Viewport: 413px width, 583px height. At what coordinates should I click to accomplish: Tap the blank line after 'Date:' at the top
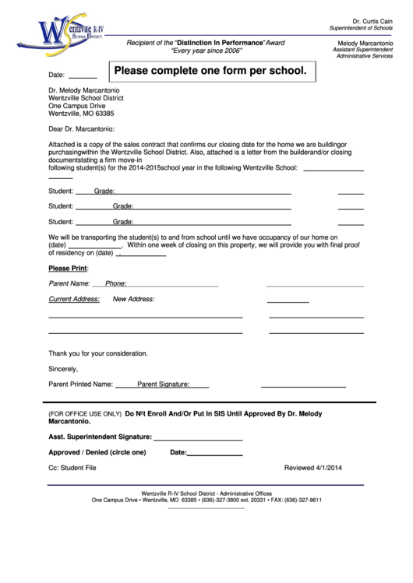coord(83,78)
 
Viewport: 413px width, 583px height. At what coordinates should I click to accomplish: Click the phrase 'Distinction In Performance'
coord(220,41)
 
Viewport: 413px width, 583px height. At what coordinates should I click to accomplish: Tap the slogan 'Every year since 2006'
coord(206,51)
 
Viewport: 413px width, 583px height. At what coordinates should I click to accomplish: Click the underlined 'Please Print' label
coord(68,268)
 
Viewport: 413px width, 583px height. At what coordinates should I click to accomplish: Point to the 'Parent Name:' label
coord(69,283)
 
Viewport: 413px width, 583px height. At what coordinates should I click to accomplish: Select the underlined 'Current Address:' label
coord(74,299)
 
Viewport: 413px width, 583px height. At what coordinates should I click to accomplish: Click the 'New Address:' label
coord(134,299)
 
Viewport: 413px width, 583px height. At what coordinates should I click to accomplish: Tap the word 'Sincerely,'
coord(63,368)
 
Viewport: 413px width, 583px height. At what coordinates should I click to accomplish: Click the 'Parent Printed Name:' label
coord(81,384)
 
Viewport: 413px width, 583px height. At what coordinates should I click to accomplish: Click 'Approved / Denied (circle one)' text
coord(97,452)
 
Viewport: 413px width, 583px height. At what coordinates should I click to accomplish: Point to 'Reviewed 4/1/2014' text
coord(313,468)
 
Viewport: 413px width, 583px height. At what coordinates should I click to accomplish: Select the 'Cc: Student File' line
coord(72,468)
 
